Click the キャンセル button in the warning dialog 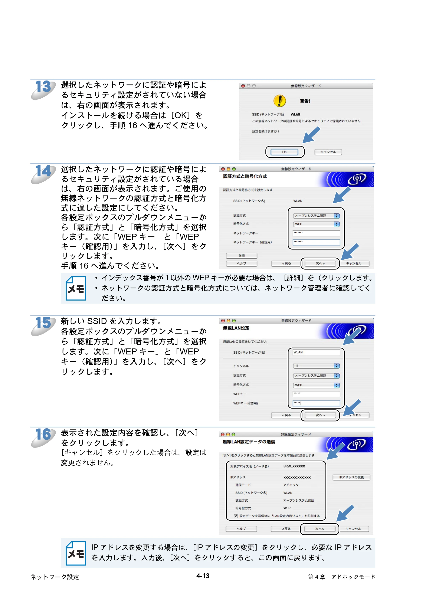(x=328, y=152)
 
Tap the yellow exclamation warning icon (x=279, y=101)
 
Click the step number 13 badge (x=43, y=89)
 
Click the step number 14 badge (x=43, y=174)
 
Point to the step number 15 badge (x=43, y=326)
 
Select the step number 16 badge (x=43, y=437)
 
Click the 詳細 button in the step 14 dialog (x=242, y=256)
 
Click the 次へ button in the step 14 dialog (x=320, y=263)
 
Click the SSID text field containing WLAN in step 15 (x=316, y=353)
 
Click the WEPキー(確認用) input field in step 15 (x=316, y=403)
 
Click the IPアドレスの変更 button (x=351, y=477)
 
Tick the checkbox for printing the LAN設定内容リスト (x=236, y=516)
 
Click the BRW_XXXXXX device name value (x=294, y=466)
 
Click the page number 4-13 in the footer (x=203, y=576)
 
